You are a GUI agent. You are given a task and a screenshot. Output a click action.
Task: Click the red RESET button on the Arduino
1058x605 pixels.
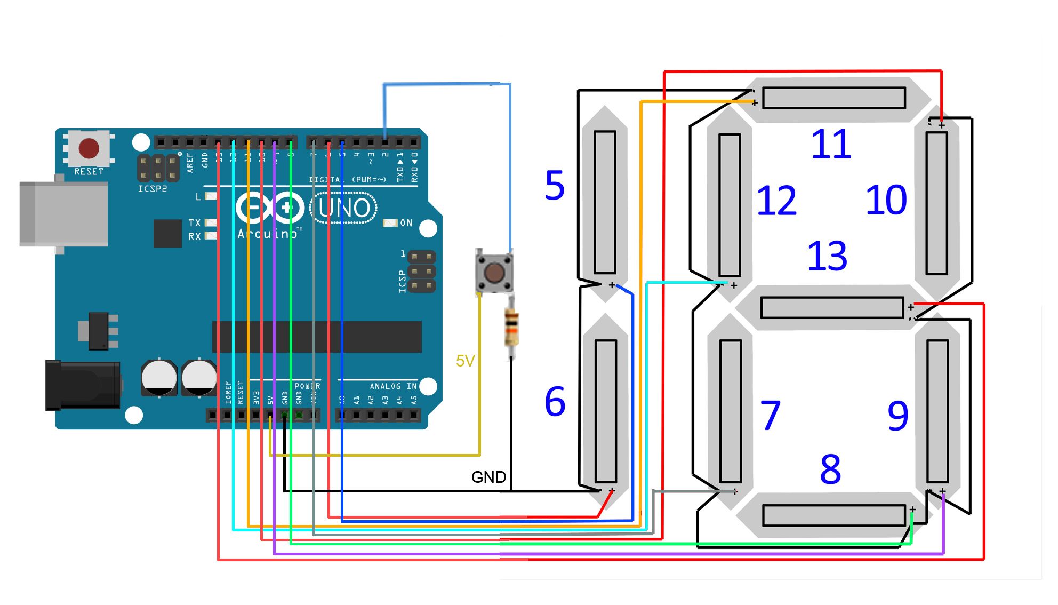[89, 148]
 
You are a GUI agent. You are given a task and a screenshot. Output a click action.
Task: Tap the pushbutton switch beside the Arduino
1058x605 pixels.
[494, 273]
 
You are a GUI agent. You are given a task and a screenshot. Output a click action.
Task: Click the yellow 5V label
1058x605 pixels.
[465, 361]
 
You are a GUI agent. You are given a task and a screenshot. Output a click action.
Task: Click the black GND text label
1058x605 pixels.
[488, 477]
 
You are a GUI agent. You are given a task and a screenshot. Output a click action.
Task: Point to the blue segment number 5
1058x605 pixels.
[555, 186]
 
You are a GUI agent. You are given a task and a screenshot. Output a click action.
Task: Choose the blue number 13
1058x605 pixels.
[827, 256]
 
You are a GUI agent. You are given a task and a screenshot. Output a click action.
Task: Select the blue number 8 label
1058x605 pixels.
[831, 470]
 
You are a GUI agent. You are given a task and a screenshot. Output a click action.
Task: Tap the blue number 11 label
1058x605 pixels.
[831, 145]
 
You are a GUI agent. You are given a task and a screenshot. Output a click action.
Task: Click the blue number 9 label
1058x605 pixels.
[898, 416]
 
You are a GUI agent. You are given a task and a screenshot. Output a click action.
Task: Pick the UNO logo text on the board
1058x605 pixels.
[344, 208]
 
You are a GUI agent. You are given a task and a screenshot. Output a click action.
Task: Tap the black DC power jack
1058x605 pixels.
[83, 385]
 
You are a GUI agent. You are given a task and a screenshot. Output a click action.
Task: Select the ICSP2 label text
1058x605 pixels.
[153, 189]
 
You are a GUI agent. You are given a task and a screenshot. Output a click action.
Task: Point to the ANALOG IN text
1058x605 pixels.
[393, 386]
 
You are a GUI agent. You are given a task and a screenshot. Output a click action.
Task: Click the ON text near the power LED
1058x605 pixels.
[406, 223]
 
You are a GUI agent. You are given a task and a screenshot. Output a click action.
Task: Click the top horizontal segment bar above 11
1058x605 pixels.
[834, 98]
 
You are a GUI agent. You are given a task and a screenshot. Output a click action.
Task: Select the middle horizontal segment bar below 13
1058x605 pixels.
[832, 308]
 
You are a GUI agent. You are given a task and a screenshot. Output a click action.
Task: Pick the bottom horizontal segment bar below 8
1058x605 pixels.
[834, 515]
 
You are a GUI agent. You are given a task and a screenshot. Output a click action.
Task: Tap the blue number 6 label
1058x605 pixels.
[555, 402]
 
